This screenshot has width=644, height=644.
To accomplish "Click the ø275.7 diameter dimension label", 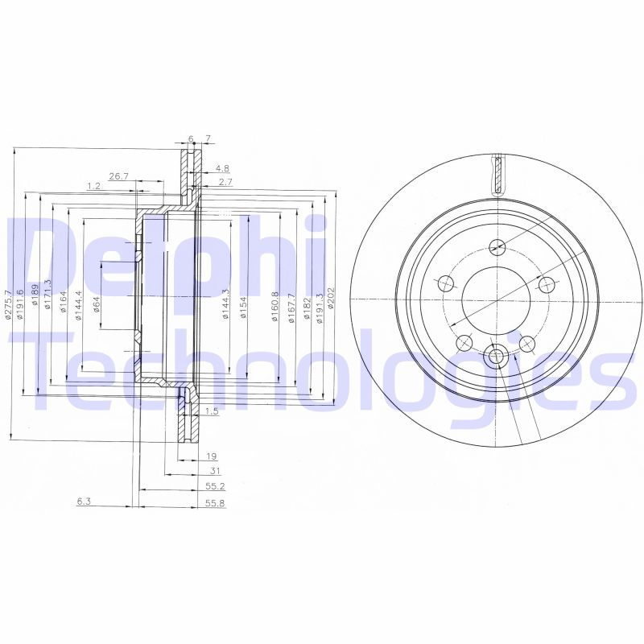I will tap(7, 305).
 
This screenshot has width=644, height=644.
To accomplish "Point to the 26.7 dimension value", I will tap(119, 176).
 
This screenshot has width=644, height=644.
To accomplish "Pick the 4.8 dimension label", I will tap(222, 169).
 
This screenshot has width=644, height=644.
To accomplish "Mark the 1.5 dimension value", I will tap(213, 411).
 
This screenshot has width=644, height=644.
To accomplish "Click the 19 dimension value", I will tap(212, 456).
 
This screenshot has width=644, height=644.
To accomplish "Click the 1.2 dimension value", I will tap(93, 186).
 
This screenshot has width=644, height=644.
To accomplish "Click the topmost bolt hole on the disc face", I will tap(497, 246).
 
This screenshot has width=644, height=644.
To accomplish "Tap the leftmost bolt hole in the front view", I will tap(444, 283).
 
